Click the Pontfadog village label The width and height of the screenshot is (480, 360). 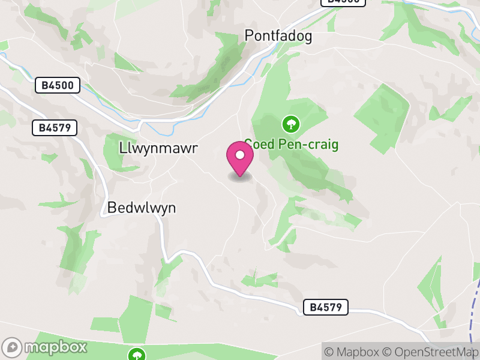click(278, 36)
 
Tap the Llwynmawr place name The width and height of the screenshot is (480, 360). click(158, 148)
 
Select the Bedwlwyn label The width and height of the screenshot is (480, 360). click(142, 208)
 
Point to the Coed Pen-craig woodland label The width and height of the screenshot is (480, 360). click(292, 145)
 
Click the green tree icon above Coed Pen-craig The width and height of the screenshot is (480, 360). click(291, 124)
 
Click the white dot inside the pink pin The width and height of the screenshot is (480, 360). click(240, 155)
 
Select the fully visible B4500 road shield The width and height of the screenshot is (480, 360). click(58, 85)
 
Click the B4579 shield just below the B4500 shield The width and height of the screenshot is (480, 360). click(55, 127)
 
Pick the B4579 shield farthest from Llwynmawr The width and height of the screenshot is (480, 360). click(326, 307)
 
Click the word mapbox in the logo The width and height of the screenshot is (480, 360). click(56, 347)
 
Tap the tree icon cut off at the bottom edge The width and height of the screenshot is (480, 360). click(137, 355)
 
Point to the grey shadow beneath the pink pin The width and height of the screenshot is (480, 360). click(240, 178)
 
